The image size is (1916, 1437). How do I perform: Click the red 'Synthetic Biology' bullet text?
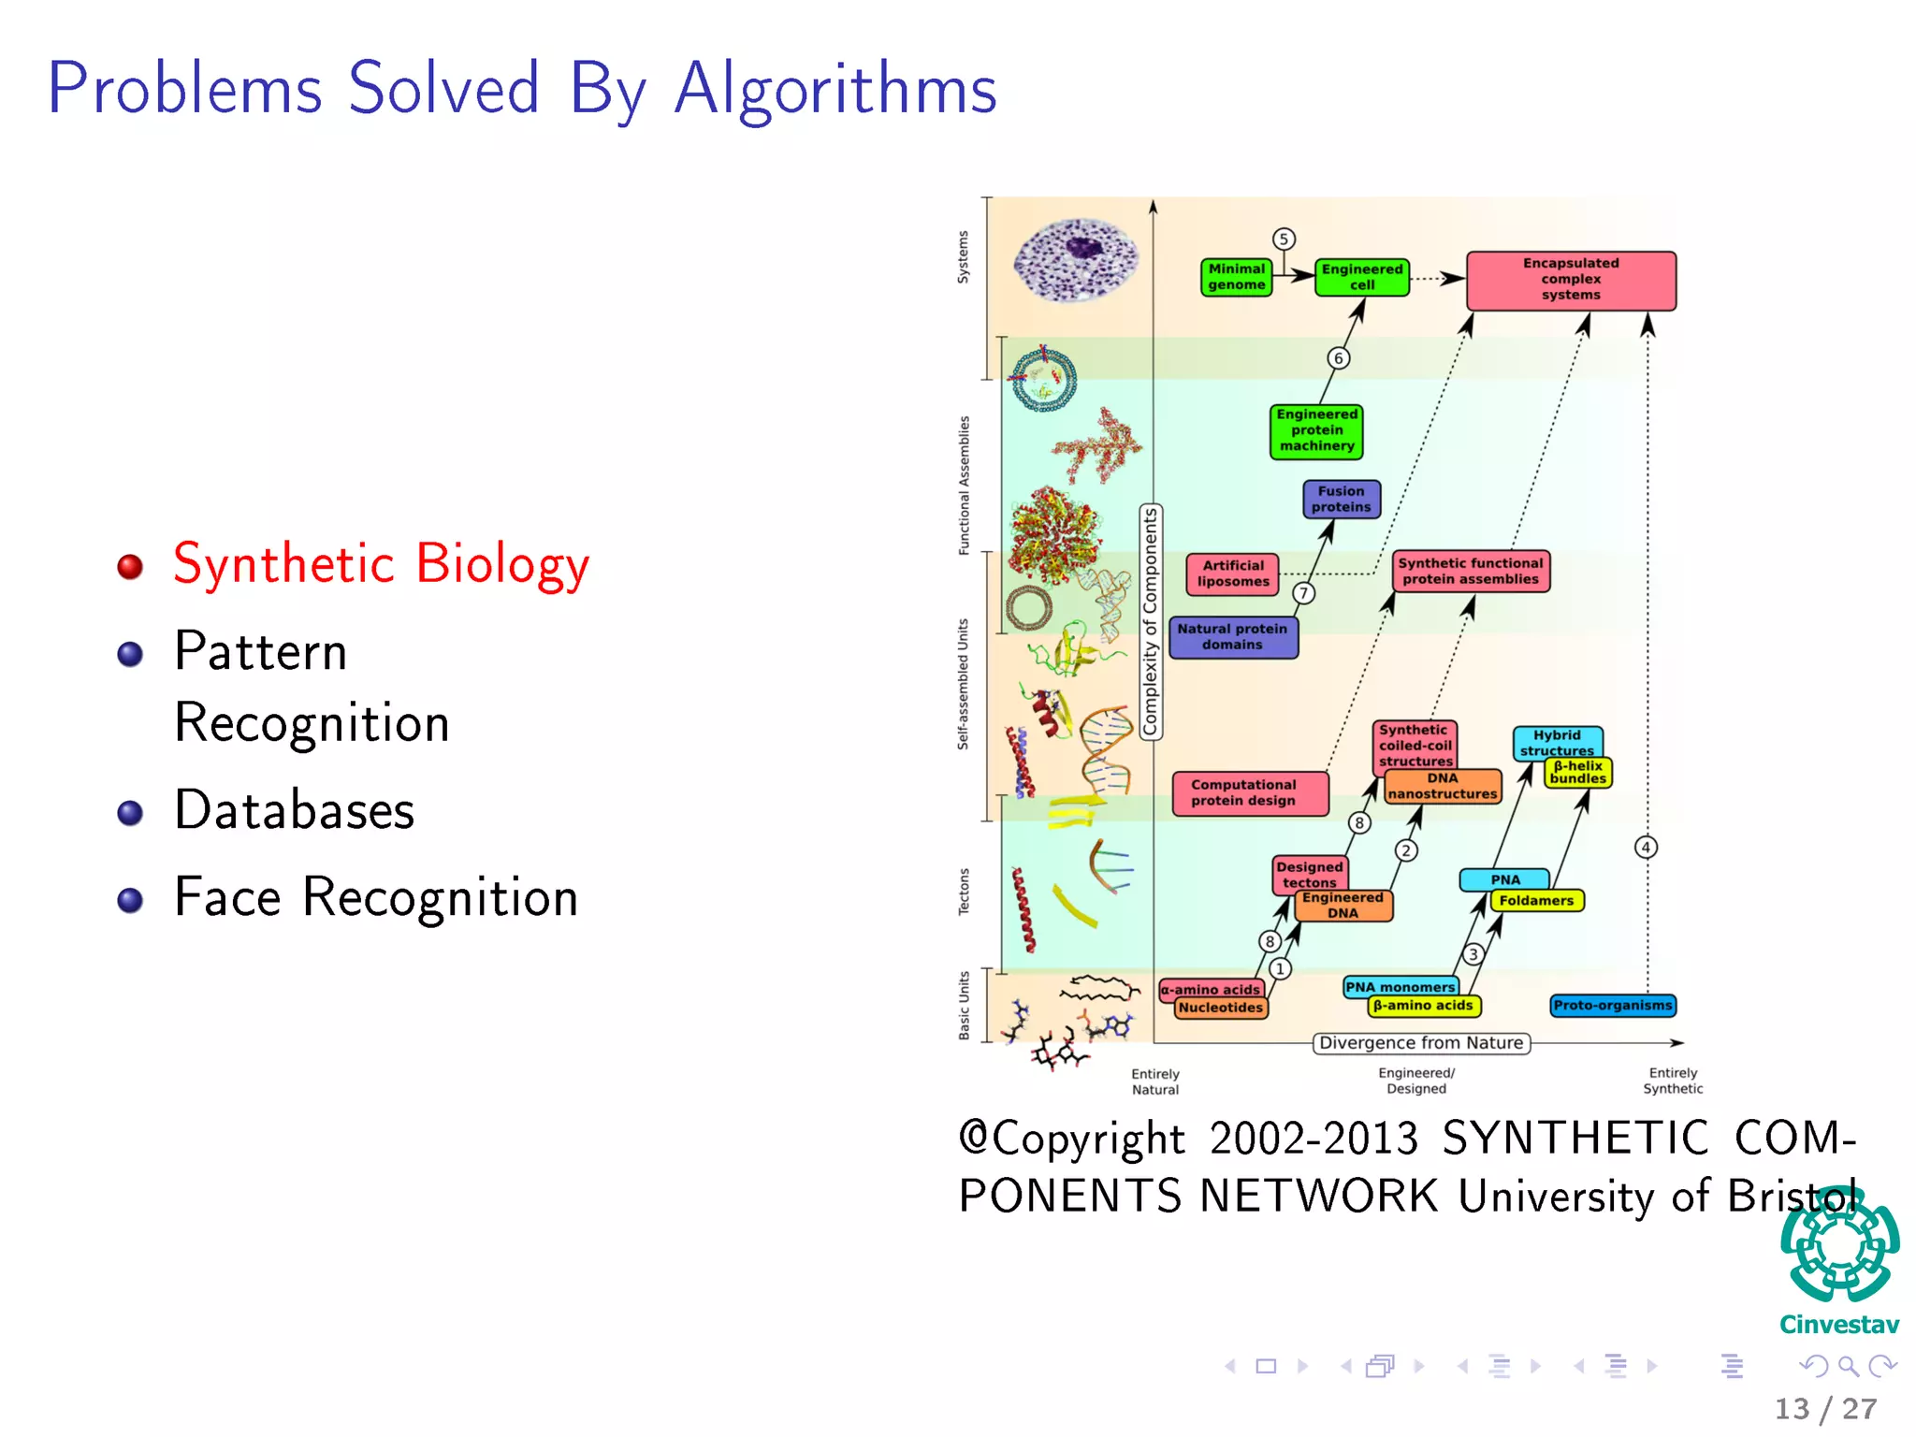click(x=381, y=564)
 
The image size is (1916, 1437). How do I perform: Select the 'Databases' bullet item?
click(x=294, y=810)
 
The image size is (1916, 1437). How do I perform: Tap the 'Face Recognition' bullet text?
click(x=375, y=897)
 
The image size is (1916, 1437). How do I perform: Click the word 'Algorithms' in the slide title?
click(x=835, y=90)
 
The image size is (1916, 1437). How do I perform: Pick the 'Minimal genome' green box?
click(x=1236, y=277)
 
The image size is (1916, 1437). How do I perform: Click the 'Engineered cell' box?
click(x=1361, y=277)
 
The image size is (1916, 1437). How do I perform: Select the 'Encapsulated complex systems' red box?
click(x=1571, y=280)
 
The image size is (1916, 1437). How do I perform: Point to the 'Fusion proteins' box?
click(x=1341, y=500)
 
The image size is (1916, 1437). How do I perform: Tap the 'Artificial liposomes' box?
click(x=1232, y=573)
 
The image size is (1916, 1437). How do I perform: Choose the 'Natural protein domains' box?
click(x=1232, y=637)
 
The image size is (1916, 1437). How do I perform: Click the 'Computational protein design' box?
click(x=1249, y=793)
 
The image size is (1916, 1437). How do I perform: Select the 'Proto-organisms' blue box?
click(x=1612, y=1006)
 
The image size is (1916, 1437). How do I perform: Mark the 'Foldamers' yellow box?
click(x=1536, y=901)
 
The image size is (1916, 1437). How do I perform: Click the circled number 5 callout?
click(x=1284, y=239)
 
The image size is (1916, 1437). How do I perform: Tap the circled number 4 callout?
click(x=1646, y=848)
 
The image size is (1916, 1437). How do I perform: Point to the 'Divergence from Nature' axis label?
click(x=1420, y=1043)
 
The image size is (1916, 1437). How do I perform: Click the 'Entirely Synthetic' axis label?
click(x=1673, y=1081)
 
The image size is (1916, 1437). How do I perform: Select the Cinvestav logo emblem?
click(x=1839, y=1247)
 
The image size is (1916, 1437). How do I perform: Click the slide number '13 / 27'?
click(x=1825, y=1409)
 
